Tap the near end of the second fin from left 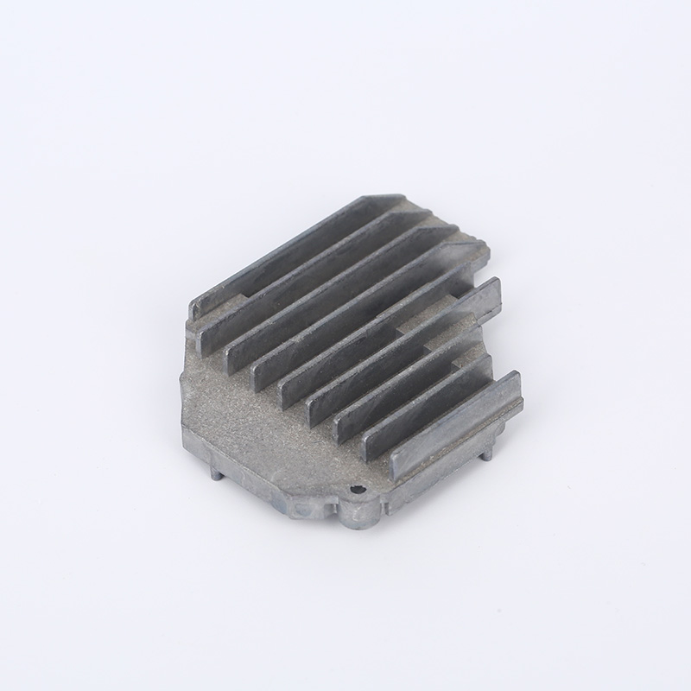pyautogui.click(x=208, y=340)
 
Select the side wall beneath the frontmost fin pyautogui.click(x=449, y=466)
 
